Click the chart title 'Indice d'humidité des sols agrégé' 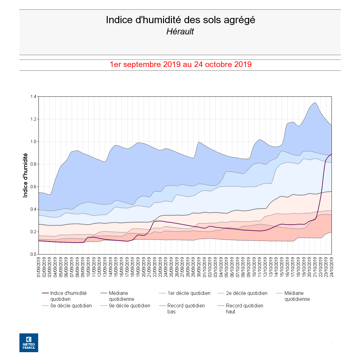pyautogui.click(x=180, y=20)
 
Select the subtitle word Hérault pyautogui.click(x=180, y=32)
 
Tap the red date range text pyautogui.click(x=180, y=64)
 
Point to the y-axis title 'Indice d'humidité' pyautogui.click(x=25, y=175)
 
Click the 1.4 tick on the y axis pyautogui.click(x=33, y=97)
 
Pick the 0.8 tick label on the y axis pyautogui.click(x=33, y=164)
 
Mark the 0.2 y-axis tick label pyautogui.click(x=33, y=232)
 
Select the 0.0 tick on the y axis pyautogui.click(x=33, y=255)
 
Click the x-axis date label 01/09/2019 pyautogui.click(x=39, y=267)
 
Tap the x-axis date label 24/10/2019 pyautogui.click(x=332, y=267)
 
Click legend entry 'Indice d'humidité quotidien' pyautogui.click(x=68, y=296)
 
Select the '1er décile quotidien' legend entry pyautogui.click(x=189, y=293)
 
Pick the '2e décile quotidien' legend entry pyautogui.click(x=246, y=293)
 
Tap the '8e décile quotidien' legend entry pyautogui.click(x=71, y=306)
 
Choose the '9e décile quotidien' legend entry pyautogui.click(x=129, y=306)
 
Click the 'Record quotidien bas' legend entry pyautogui.click(x=186, y=309)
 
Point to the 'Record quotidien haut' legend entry pyautogui.click(x=244, y=309)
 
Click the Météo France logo pyautogui.click(x=29, y=343)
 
